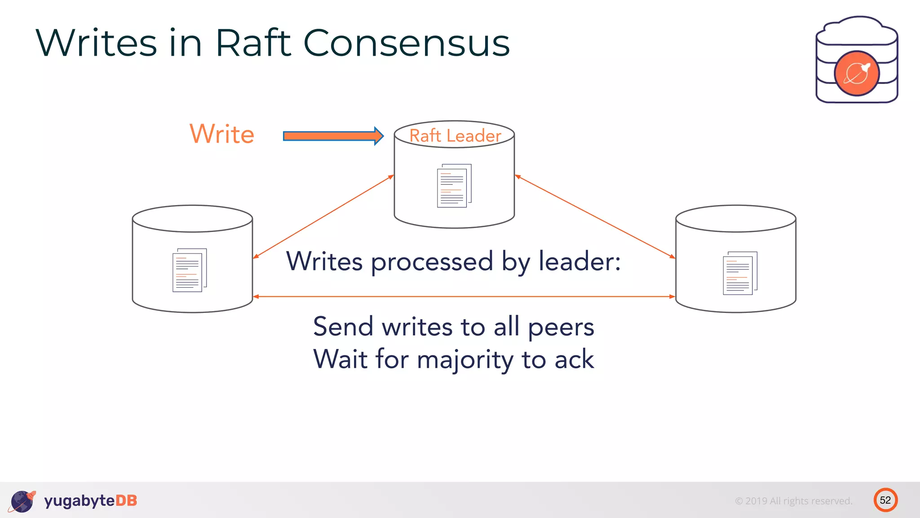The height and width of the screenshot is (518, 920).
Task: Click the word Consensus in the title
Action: pyautogui.click(x=407, y=43)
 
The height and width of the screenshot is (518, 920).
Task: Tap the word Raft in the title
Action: pyautogui.click(x=253, y=43)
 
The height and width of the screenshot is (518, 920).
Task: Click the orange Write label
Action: pyautogui.click(x=222, y=134)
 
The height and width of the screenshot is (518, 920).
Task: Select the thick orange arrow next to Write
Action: pyautogui.click(x=333, y=136)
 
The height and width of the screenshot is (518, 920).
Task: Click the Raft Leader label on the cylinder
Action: pyautogui.click(x=455, y=136)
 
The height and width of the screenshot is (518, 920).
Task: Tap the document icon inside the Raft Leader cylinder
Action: pyautogui.click(x=454, y=186)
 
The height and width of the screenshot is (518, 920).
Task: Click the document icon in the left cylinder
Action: pyautogui.click(x=189, y=270)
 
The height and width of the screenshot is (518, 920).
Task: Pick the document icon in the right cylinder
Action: pyautogui.click(x=739, y=273)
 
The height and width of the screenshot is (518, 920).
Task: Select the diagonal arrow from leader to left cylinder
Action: pyautogui.click(x=323, y=217)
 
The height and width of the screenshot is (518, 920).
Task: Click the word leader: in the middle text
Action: pyautogui.click(x=579, y=261)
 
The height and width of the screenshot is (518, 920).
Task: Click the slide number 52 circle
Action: pyautogui.click(x=885, y=500)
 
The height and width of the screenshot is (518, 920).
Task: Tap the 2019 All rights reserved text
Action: pyautogui.click(x=793, y=501)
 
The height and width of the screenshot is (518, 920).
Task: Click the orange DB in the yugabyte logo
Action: pyautogui.click(x=126, y=501)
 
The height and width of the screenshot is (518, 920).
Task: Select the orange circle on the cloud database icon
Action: pyautogui.click(x=856, y=73)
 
